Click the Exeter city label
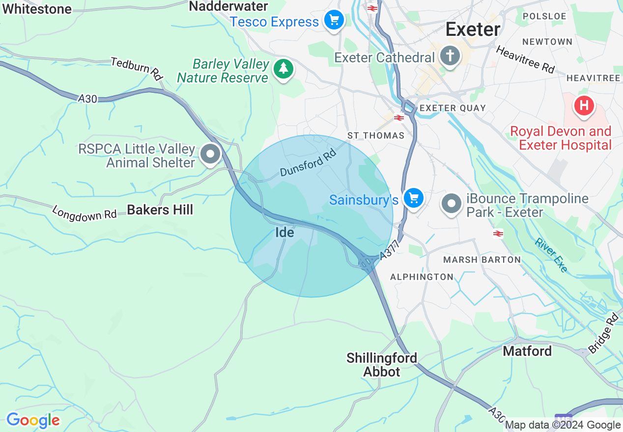[x=473, y=29]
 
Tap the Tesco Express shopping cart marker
[x=334, y=21]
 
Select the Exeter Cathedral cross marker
[x=450, y=56]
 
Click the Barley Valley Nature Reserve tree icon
[x=283, y=69]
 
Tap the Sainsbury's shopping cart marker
[x=414, y=198]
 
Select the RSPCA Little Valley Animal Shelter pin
[x=211, y=155]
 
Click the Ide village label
[x=284, y=232]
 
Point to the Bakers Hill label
[x=160, y=210]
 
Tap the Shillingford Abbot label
[x=382, y=365]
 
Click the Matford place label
[x=527, y=351]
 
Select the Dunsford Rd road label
[x=308, y=163]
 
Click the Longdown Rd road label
[x=85, y=214]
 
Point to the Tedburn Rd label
[x=137, y=68]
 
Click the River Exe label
[x=551, y=254]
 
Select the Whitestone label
[x=37, y=8]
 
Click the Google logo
[x=33, y=420]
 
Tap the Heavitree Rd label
[x=525, y=59]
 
